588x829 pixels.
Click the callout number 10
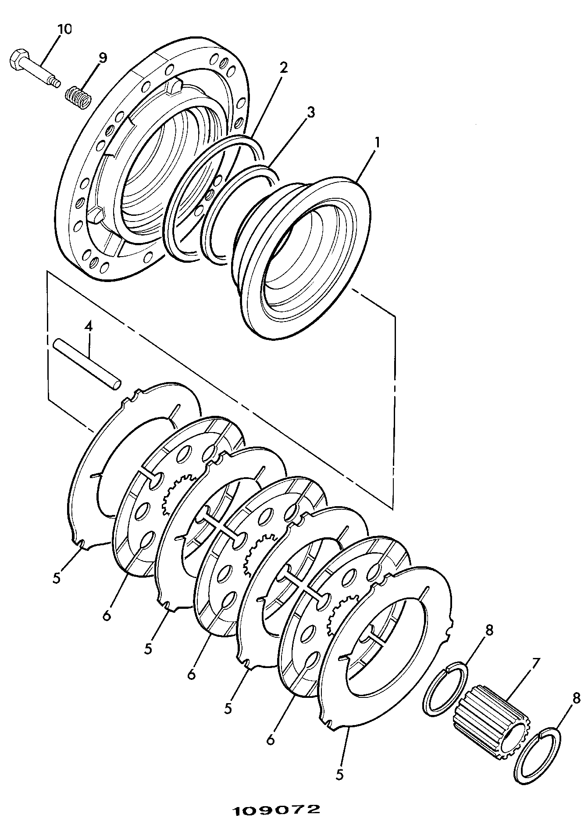(64, 29)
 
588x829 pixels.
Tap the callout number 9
(102, 58)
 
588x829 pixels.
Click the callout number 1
(377, 143)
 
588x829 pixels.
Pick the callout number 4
(89, 327)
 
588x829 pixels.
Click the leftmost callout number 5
(56, 577)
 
